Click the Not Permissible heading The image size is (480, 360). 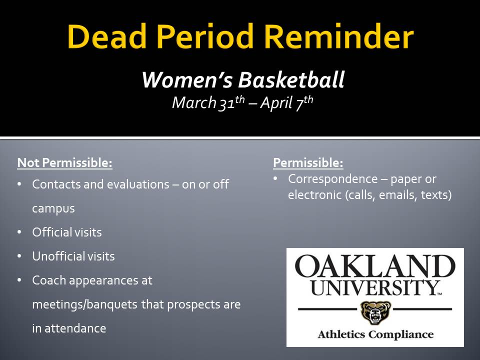[x=64, y=163]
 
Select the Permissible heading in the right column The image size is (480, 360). [x=308, y=163]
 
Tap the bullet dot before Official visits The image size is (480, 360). [x=19, y=232]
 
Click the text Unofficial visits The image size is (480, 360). [x=73, y=256]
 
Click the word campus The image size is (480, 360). [x=53, y=208]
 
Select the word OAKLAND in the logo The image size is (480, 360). [x=375, y=266]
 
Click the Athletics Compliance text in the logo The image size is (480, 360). [x=375, y=334]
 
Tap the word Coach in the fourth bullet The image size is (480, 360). [x=48, y=280]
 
